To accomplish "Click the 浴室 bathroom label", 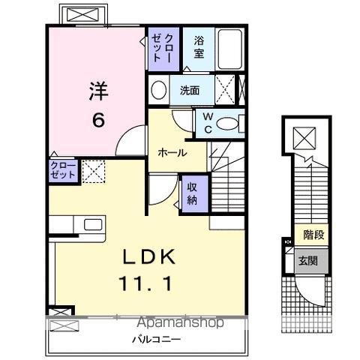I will pos(199,47).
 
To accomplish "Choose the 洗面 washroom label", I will pos(189,91).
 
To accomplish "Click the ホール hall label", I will pos(171,152).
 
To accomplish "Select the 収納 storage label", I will pos(191,194).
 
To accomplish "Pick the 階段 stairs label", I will pos(314,235).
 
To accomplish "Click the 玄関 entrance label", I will pos(308,261).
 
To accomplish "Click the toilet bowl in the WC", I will pos(231,123).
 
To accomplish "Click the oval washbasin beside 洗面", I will pos(159,91).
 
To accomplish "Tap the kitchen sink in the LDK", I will pos(94,224).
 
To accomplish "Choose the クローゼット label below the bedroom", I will pos(63,169).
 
